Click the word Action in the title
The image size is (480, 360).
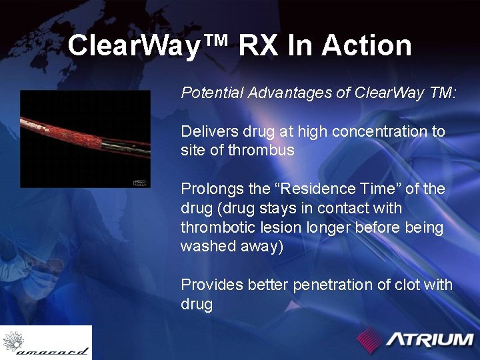coord(367,46)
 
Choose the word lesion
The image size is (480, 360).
coord(283,227)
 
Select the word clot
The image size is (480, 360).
coord(408,285)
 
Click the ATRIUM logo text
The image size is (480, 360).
coord(430,339)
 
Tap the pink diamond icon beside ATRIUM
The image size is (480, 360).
coord(370,339)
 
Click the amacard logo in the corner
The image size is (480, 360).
coord(45,343)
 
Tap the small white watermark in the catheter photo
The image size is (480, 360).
coord(141,181)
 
